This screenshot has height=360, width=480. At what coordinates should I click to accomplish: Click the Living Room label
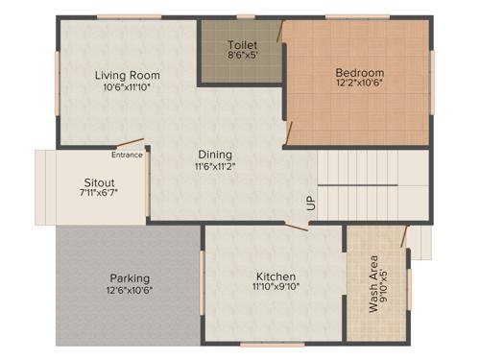pos(127,75)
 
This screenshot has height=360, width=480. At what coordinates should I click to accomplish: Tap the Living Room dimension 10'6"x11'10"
pos(127,87)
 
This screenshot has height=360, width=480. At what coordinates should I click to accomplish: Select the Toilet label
pos(242,45)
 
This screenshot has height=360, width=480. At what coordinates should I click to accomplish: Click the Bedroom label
pos(359,73)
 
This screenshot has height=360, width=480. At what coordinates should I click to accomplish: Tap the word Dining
pos(215,155)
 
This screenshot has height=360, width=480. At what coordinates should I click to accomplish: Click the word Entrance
pos(127,155)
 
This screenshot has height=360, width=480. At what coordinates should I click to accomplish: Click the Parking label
pos(129,277)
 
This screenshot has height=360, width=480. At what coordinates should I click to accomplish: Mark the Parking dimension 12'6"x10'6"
pos(129,290)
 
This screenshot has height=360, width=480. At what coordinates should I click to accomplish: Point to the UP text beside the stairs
pos(310,204)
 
